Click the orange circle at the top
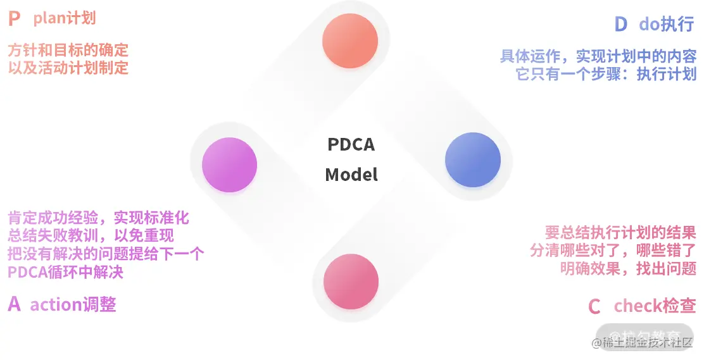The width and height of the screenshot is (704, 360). (350, 40)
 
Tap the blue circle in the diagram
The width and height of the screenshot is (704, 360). (473, 160)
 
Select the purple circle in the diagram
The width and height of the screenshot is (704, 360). (229, 164)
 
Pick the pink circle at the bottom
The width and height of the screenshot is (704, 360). (351, 282)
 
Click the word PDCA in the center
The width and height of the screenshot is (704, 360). (351, 145)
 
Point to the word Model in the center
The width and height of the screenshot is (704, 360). (351, 175)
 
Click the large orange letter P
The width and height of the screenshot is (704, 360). (15, 19)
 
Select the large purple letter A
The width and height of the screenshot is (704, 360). (15, 304)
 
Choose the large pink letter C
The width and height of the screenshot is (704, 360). (594, 307)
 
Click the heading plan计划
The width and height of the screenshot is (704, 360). (65, 18)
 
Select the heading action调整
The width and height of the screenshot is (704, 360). (73, 304)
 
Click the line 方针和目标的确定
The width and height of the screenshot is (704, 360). (68, 49)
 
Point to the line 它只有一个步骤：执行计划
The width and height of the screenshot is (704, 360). (607, 73)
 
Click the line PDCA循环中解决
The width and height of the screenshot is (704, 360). (65, 273)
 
